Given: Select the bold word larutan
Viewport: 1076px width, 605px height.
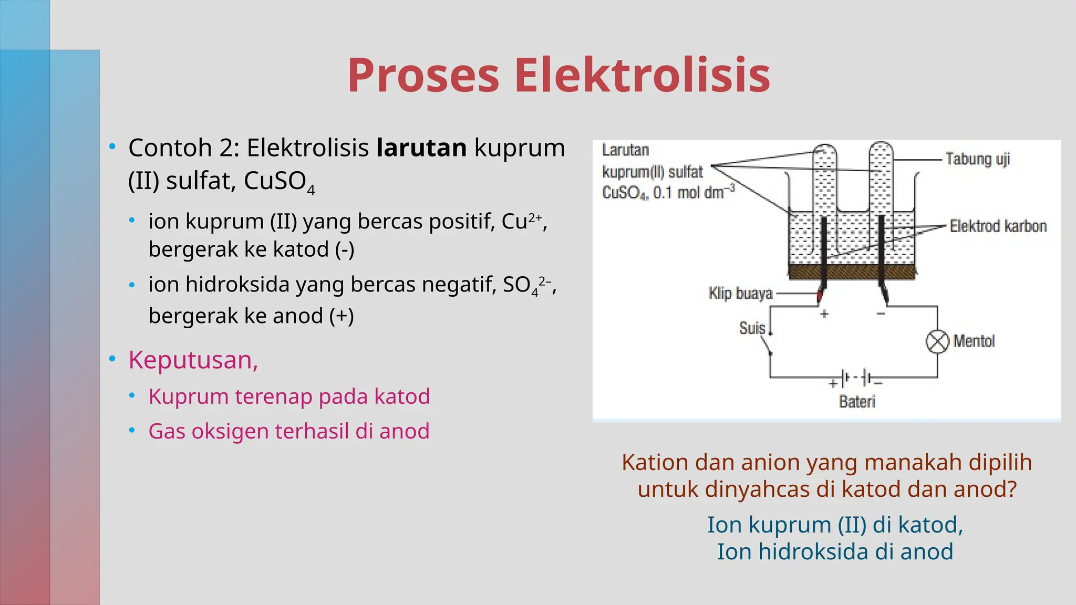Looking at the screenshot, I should (421, 148).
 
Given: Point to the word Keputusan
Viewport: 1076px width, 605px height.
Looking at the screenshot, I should (193, 360).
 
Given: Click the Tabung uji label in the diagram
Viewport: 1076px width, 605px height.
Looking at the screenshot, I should (977, 159).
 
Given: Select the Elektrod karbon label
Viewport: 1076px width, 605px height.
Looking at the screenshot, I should (998, 226).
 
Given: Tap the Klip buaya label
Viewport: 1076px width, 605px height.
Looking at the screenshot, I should (740, 293).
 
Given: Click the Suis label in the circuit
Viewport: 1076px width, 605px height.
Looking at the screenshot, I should (752, 328).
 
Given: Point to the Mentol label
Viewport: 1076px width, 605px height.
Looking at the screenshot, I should (974, 341).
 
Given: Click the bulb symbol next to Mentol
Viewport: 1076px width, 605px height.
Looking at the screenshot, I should (937, 342).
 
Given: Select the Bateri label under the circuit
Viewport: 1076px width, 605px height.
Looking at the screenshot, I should (857, 402).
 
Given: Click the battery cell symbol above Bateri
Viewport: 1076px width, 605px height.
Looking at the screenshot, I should (856, 378).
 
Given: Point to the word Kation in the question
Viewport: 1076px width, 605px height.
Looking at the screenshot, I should (655, 463).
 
